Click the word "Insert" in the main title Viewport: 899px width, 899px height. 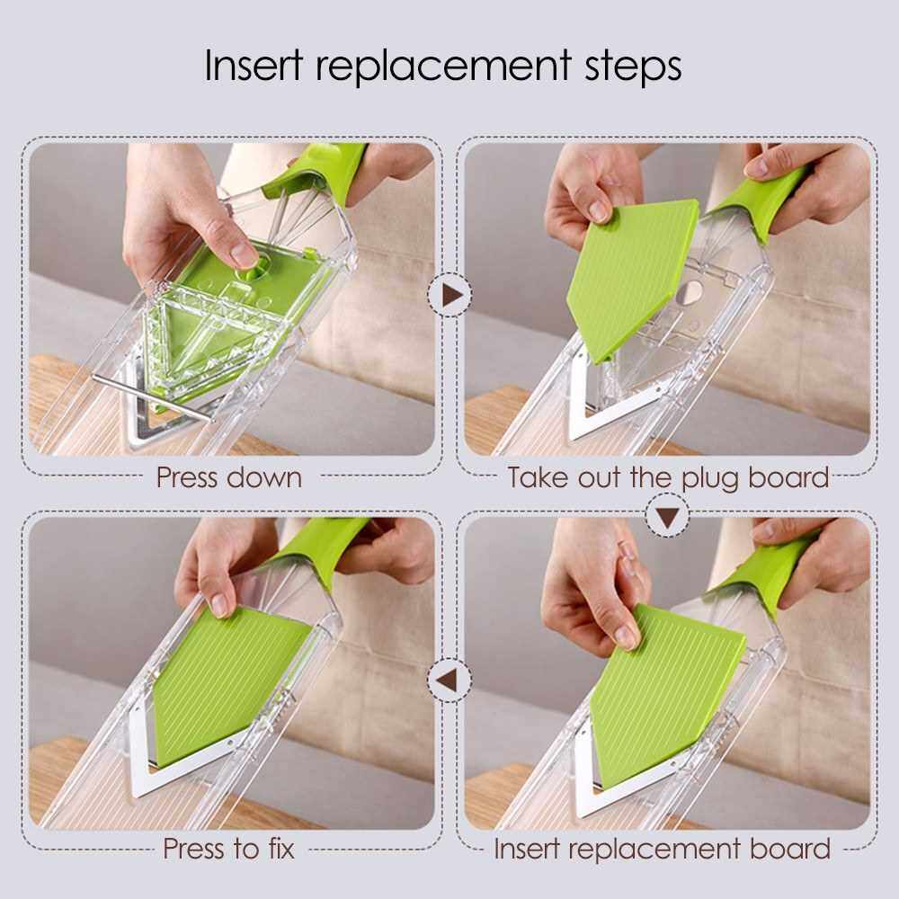tap(253, 65)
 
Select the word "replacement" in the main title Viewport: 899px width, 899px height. tap(443, 67)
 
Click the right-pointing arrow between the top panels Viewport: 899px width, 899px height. tap(450, 295)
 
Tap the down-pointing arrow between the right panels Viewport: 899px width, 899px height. tap(667, 518)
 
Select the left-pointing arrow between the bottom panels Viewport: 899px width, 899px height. tap(447, 680)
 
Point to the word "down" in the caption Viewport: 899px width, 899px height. tap(265, 477)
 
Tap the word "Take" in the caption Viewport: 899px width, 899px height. tap(539, 477)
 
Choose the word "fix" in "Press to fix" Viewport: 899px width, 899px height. tap(281, 848)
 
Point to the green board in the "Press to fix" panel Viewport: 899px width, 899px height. tap(228, 682)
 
